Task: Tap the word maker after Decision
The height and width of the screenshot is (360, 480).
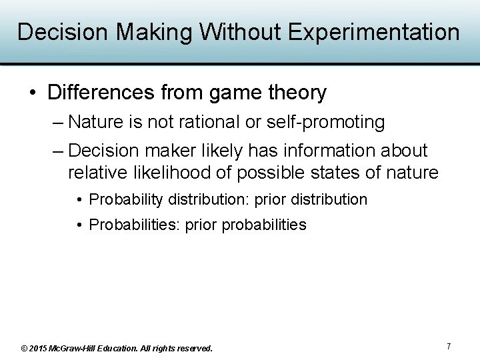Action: [169, 151]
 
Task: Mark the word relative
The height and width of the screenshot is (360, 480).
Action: [100, 173]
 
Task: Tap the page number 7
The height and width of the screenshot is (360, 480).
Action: [449, 347]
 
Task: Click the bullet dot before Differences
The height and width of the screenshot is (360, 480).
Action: [33, 93]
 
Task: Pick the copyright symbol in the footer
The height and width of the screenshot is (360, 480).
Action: [24, 348]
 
